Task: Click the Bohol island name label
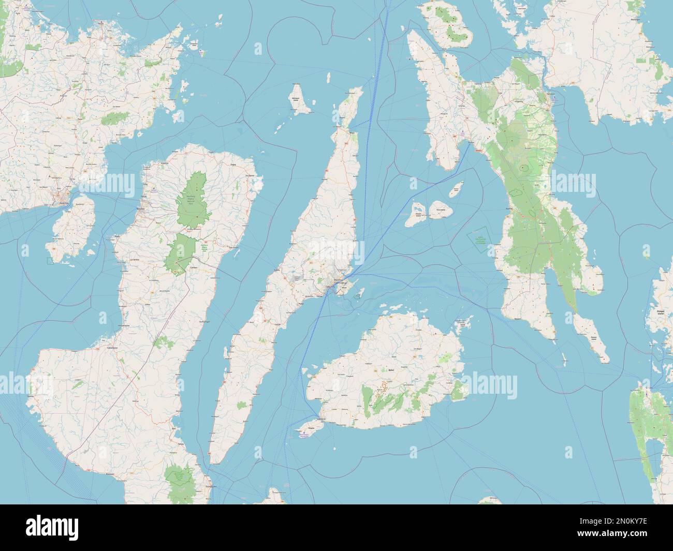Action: pos(391,370)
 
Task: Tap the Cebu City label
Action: pos(330,287)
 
